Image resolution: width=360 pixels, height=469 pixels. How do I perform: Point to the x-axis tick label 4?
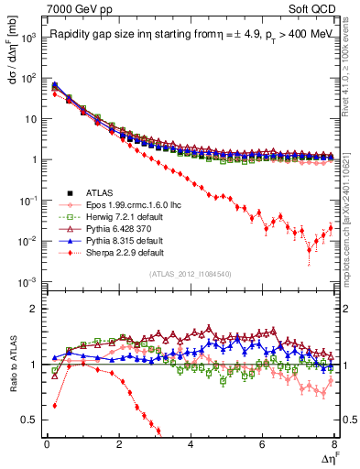tap(191, 445)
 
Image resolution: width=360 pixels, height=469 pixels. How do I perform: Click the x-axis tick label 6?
tap(263, 445)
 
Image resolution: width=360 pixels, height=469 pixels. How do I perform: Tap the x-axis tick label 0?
tap(47, 445)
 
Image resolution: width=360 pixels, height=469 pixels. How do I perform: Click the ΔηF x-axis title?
tap(331, 457)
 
